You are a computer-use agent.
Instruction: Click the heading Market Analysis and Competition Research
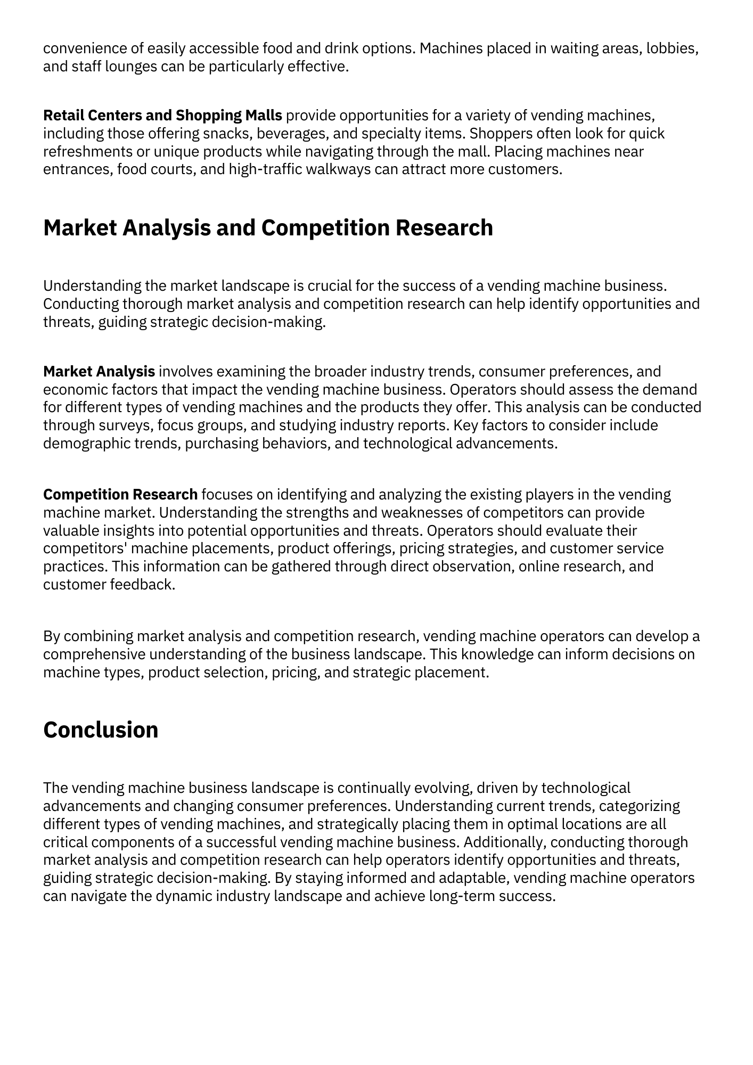point(268,228)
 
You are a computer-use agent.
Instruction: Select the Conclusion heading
point(101,730)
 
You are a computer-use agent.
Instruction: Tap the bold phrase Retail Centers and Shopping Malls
point(162,115)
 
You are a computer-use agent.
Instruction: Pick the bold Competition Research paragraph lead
point(120,495)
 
